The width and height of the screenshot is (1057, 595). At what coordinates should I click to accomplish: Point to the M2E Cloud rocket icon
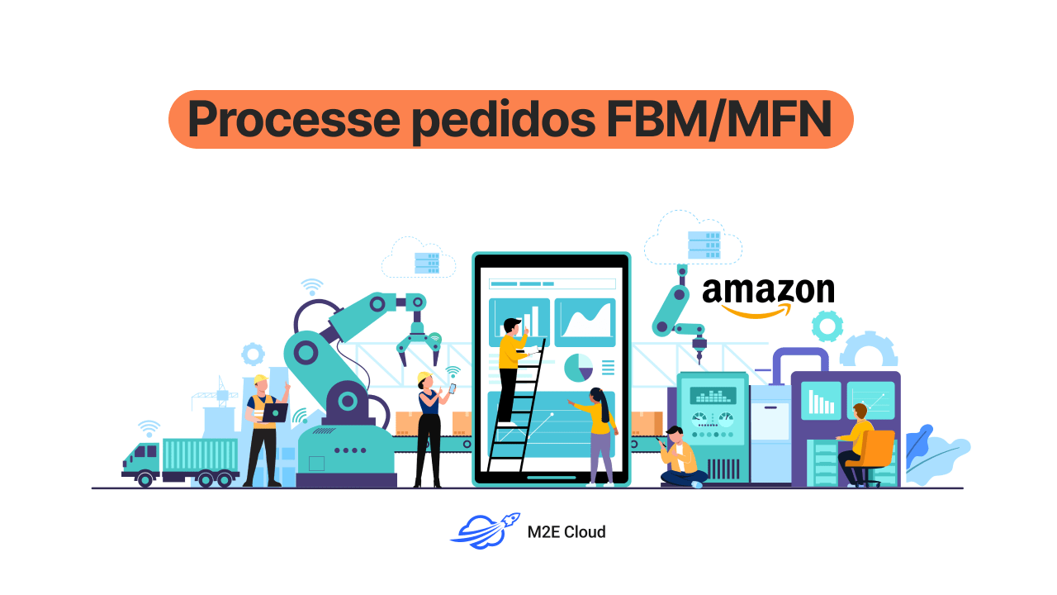pyautogui.click(x=485, y=531)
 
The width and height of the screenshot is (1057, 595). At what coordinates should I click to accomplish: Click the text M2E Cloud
pyautogui.click(x=566, y=532)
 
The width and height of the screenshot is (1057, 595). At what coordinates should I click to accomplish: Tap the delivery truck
pyautogui.click(x=182, y=461)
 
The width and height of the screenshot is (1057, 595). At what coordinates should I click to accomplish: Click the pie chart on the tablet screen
pyautogui.click(x=579, y=367)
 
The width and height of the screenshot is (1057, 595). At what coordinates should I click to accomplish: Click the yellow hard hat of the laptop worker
pyautogui.click(x=260, y=380)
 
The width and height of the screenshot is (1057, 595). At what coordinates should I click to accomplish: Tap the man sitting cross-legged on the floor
pyautogui.click(x=680, y=459)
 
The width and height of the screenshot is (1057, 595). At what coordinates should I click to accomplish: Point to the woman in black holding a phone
pyautogui.click(x=430, y=430)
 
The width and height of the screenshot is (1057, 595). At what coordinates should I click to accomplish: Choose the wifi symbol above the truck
pyautogui.click(x=149, y=428)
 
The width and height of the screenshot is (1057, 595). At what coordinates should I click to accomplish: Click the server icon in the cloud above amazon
pyautogui.click(x=704, y=245)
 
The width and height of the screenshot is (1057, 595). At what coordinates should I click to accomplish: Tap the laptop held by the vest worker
pyautogui.click(x=274, y=412)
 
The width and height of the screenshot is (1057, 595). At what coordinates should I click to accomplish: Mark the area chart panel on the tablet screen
pyautogui.click(x=585, y=321)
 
